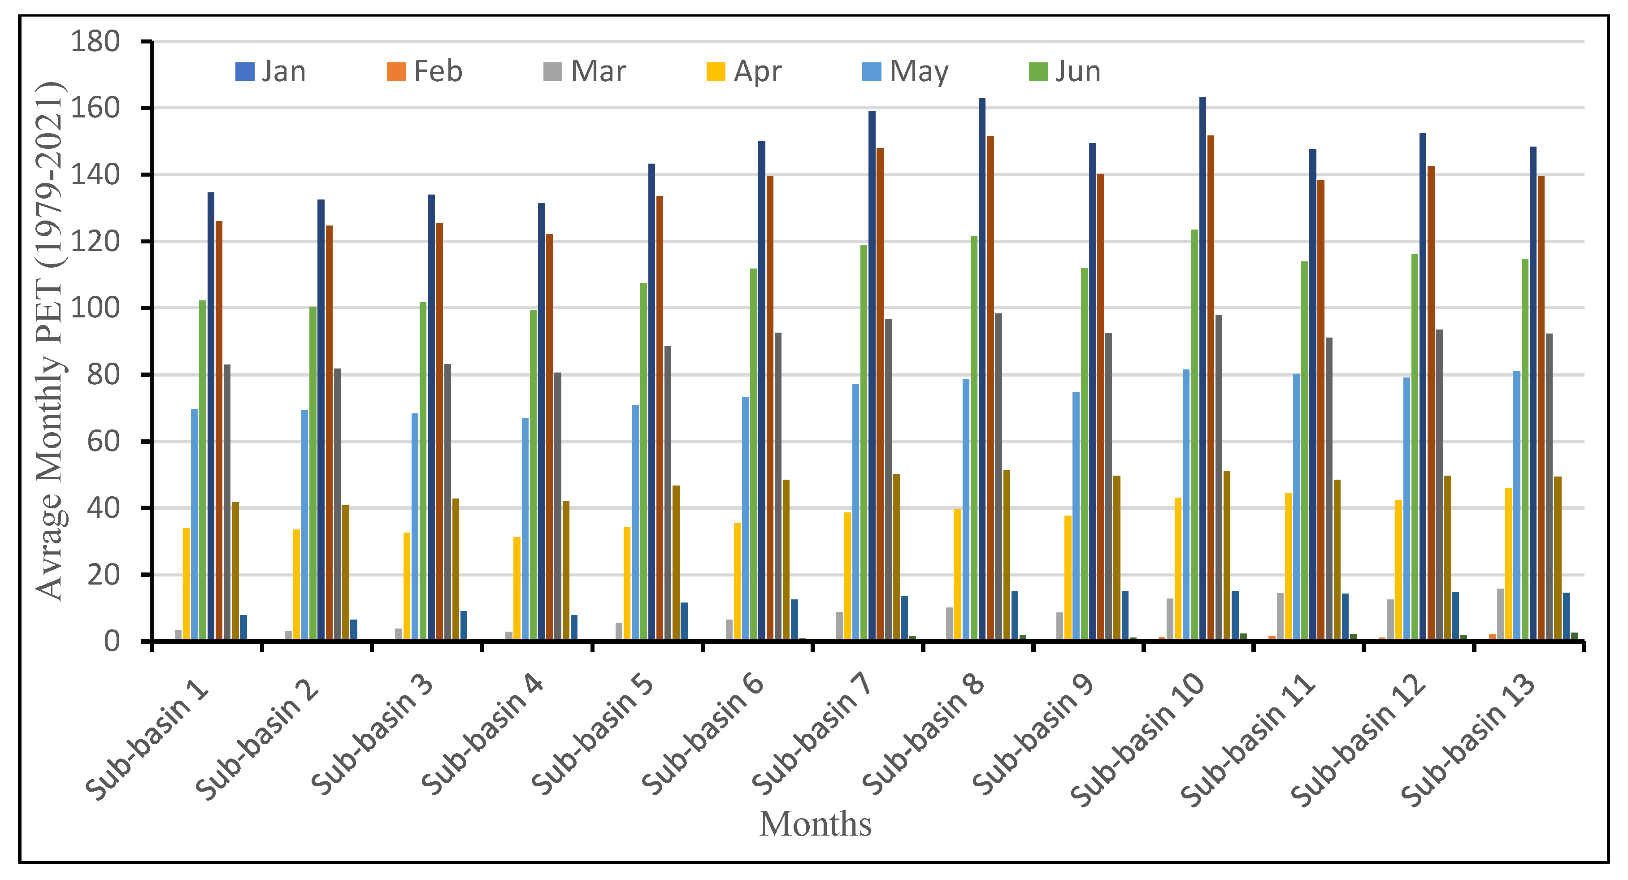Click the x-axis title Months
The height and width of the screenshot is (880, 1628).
pos(815,824)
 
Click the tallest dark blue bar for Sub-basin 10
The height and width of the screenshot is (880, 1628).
pos(1203,369)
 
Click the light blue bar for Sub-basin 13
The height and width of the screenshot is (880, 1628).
pos(1517,505)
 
